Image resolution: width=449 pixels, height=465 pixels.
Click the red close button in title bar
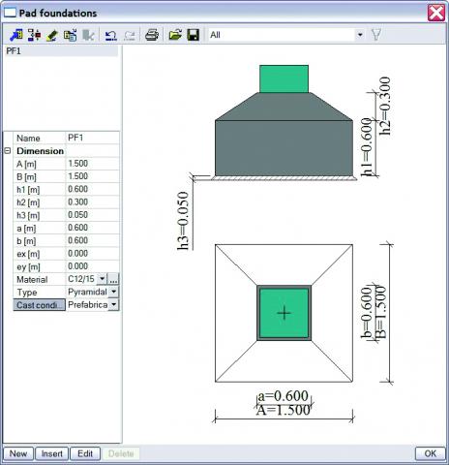435,13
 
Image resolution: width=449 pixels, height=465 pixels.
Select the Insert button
52,452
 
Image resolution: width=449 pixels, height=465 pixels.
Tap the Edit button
85,452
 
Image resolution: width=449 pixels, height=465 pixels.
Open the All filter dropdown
360,35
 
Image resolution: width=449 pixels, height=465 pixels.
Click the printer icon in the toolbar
152,35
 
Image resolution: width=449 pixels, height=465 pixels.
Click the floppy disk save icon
193,35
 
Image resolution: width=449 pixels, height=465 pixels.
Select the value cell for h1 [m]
92,190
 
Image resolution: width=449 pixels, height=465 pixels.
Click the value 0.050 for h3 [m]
92,215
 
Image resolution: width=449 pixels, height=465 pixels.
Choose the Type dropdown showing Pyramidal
92,292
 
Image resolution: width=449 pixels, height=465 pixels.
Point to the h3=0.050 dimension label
183,222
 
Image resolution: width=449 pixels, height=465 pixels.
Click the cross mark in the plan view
284,312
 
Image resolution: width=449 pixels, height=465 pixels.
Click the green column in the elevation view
284,78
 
